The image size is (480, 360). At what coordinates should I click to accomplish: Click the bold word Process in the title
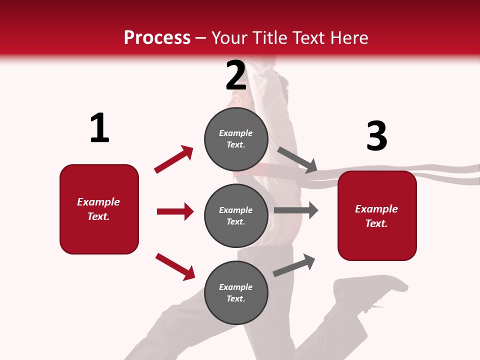[157, 38]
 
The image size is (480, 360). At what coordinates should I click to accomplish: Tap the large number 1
[99, 128]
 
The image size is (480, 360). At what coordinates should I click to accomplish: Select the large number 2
[236, 75]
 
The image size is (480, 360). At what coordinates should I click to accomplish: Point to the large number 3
[376, 136]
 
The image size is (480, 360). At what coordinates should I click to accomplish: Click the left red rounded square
[99, 209]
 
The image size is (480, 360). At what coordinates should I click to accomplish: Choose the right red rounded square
[377, 215]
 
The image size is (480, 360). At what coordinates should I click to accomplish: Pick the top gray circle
[236, 138]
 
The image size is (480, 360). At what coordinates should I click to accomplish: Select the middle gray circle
[236, 215]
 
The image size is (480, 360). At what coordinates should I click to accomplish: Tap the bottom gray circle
[236, 292]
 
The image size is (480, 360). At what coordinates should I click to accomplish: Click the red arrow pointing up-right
[174, 159]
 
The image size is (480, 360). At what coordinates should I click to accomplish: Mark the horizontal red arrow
[175, 211]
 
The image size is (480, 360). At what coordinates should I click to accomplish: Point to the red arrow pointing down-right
[175, 266]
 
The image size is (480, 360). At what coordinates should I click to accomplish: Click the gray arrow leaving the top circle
[297, 159]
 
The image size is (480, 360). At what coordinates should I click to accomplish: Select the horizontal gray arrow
[296, 210]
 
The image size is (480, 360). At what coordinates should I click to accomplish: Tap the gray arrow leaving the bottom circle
[294, 265]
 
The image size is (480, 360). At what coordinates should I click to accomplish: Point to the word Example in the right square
[376, 209]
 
